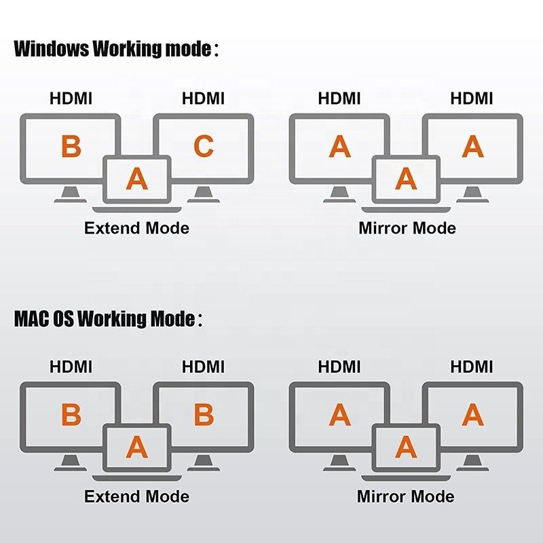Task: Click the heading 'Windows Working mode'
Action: click(113, 50)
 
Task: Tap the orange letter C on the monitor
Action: click(204, 147)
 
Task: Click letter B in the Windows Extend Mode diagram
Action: click(71, 147)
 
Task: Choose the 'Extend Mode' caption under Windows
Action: click(136, 228)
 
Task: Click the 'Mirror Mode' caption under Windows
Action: click(407, 228)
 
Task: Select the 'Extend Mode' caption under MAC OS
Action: click(136, 496)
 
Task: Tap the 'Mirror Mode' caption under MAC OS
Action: click(406, 496)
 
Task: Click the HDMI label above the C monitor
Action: click(203, 98)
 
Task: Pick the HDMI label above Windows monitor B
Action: click(71, 98)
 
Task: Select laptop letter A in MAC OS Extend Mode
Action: click(137, 447)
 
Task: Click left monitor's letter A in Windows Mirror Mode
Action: click(340, 147)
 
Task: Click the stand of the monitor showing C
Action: click(202, 195)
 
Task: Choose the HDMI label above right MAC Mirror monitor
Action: click(472, 367)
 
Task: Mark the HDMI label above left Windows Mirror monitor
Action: click(339, 98)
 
